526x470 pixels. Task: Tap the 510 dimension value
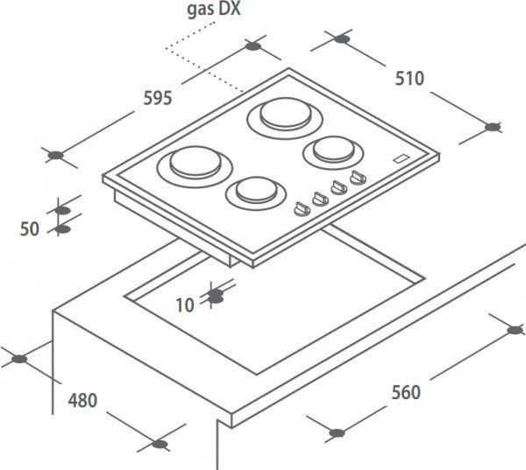(409, 79)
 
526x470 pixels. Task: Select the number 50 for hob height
(30, 228)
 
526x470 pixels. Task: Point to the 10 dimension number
(184, 305)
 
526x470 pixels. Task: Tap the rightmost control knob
(355, 179)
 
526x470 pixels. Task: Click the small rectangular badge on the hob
(402, 159)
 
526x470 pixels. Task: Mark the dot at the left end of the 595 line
(55, 156)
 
